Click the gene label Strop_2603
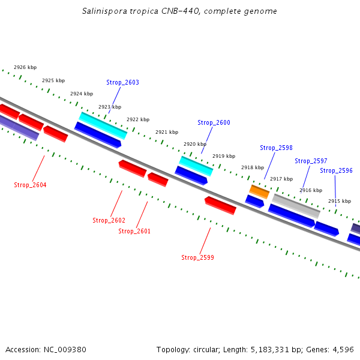[122, 82]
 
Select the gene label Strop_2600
[214, 122]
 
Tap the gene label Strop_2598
[276, 148]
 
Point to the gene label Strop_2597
[311, 161]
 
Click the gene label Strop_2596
[336, 170]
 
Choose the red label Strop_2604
[30, 185]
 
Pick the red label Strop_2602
[109, 220]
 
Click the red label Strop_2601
[134, 231]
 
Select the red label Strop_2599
[197, 257]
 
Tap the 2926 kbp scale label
[25, 67]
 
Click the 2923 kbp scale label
[110, 107]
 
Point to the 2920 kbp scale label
[195, 144]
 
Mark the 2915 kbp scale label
[339, 201]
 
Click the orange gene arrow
[259, 191]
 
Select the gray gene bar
[296, 206]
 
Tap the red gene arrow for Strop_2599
[220, 205]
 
